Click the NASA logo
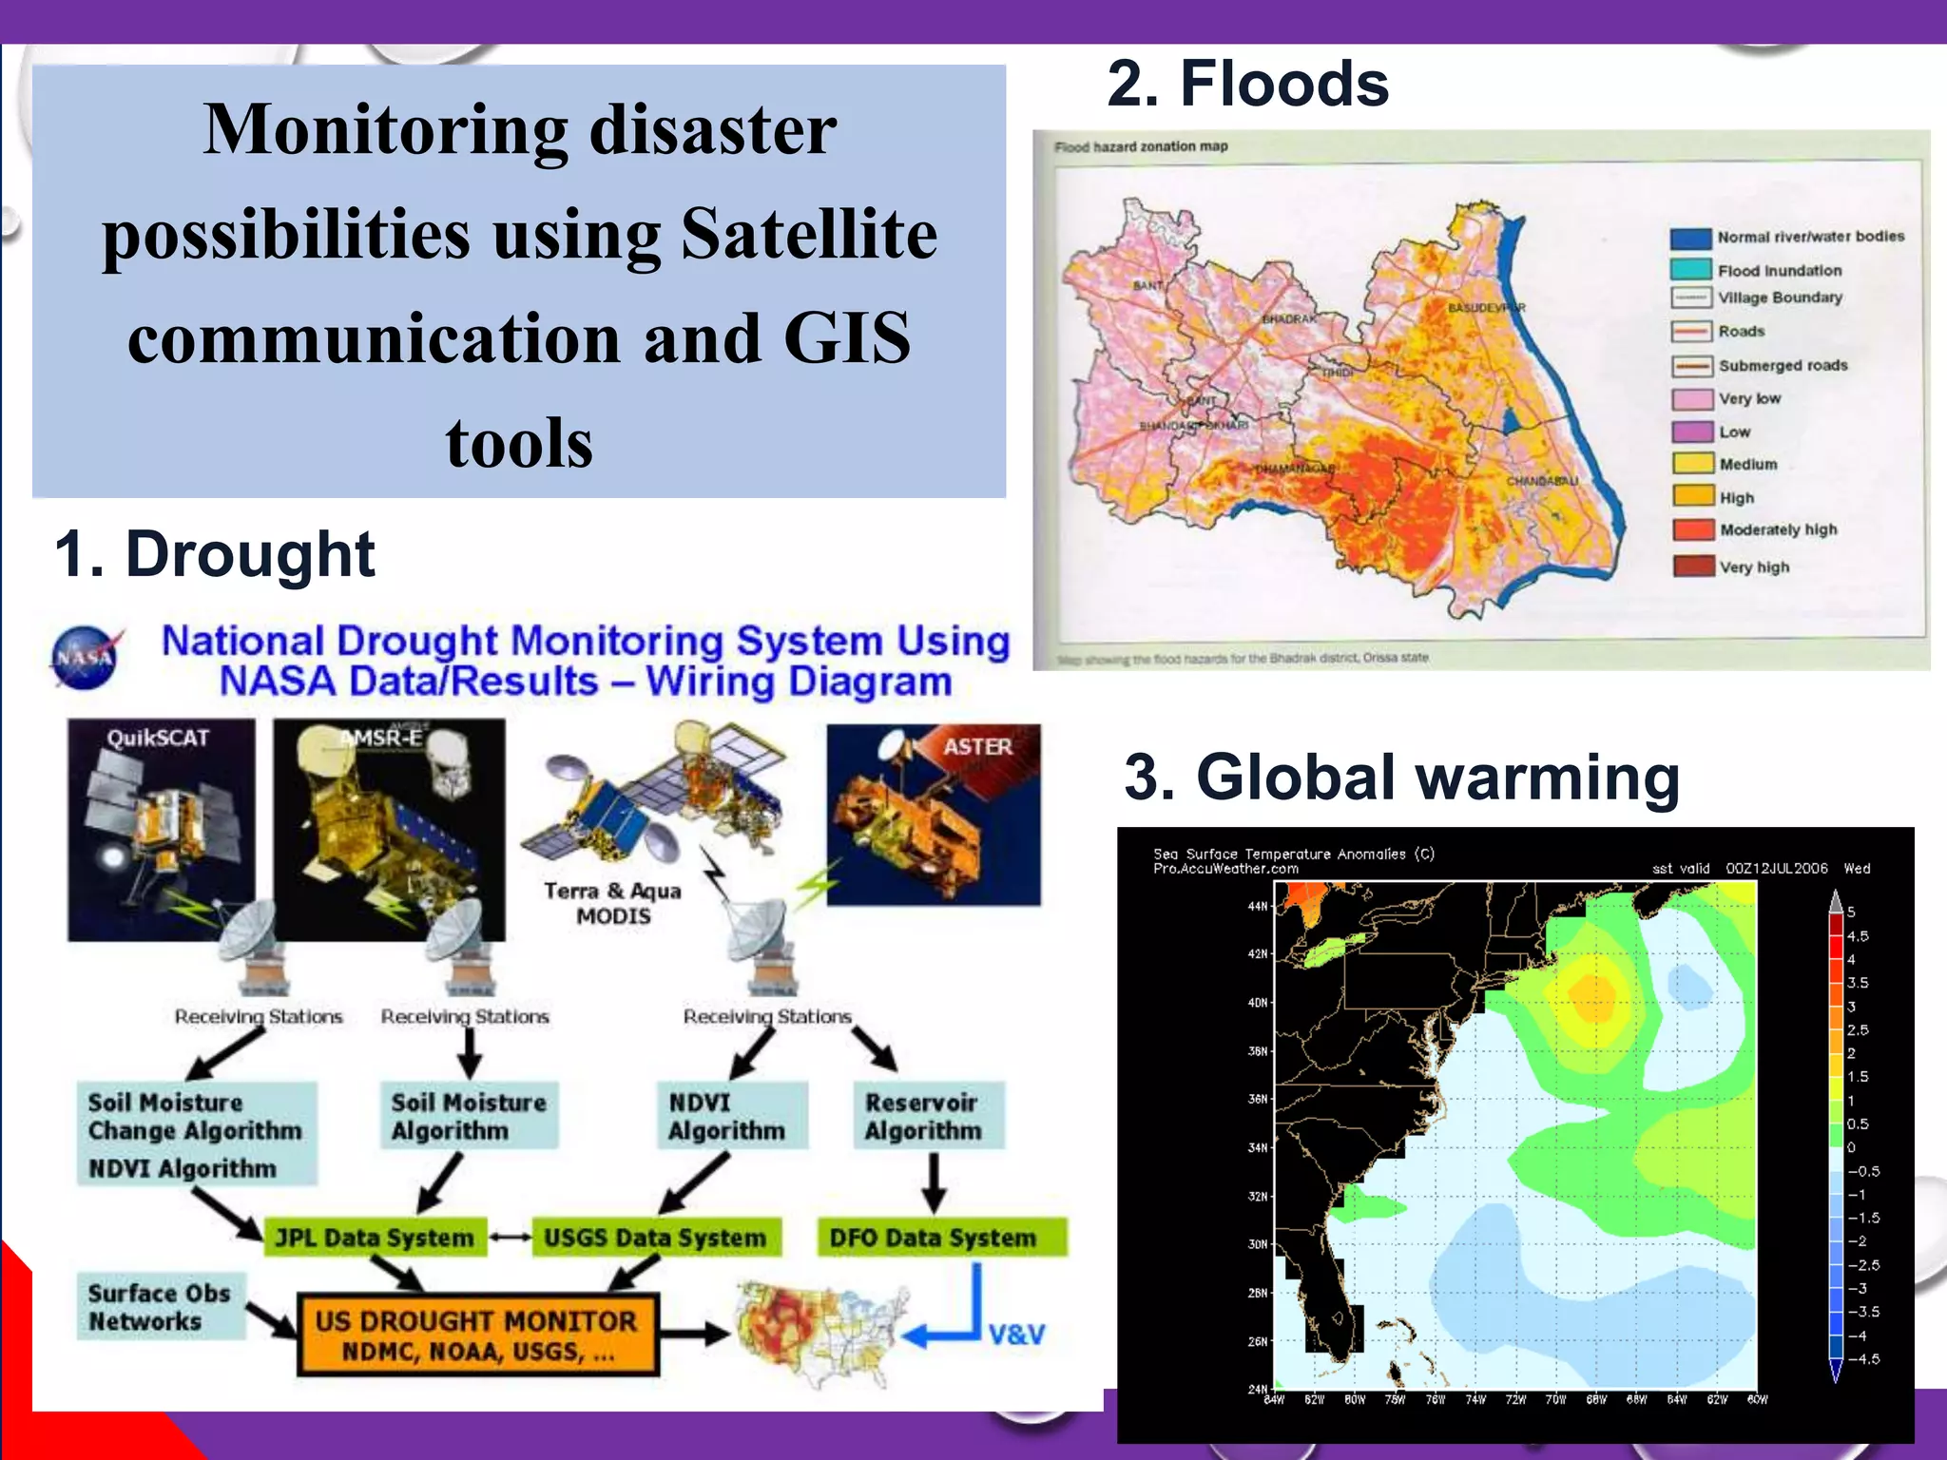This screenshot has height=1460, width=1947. coord(86,657)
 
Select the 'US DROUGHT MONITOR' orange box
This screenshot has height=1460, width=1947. coord(477,1335)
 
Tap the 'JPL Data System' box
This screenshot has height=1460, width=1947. coord(375,1238)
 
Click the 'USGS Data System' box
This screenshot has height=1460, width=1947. coord(655,1238)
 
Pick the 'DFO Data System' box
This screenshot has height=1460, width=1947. coord(933,1238)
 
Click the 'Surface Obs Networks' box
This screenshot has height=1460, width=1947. coord(159,1307)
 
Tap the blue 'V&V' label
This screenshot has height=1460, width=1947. coord(1016,1335)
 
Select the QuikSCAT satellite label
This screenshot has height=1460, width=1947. coord(158,738)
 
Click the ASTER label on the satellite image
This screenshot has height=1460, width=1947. coord(977,747)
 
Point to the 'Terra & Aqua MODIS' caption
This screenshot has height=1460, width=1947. coord(613,903)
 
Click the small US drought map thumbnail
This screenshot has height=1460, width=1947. coord(819,1333)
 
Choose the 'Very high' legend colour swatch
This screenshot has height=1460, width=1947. coord(1693,567)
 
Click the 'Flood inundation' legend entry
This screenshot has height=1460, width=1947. coord(1779,271)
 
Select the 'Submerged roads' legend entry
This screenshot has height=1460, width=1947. coord(1783,365)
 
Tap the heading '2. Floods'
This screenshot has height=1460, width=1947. coord(1247,84)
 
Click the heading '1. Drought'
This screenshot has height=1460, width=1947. coord(215,554)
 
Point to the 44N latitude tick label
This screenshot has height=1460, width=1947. coord(1257,907)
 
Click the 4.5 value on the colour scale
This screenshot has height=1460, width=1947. coord(1858,936)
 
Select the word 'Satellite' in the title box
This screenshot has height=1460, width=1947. coord(809,234)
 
